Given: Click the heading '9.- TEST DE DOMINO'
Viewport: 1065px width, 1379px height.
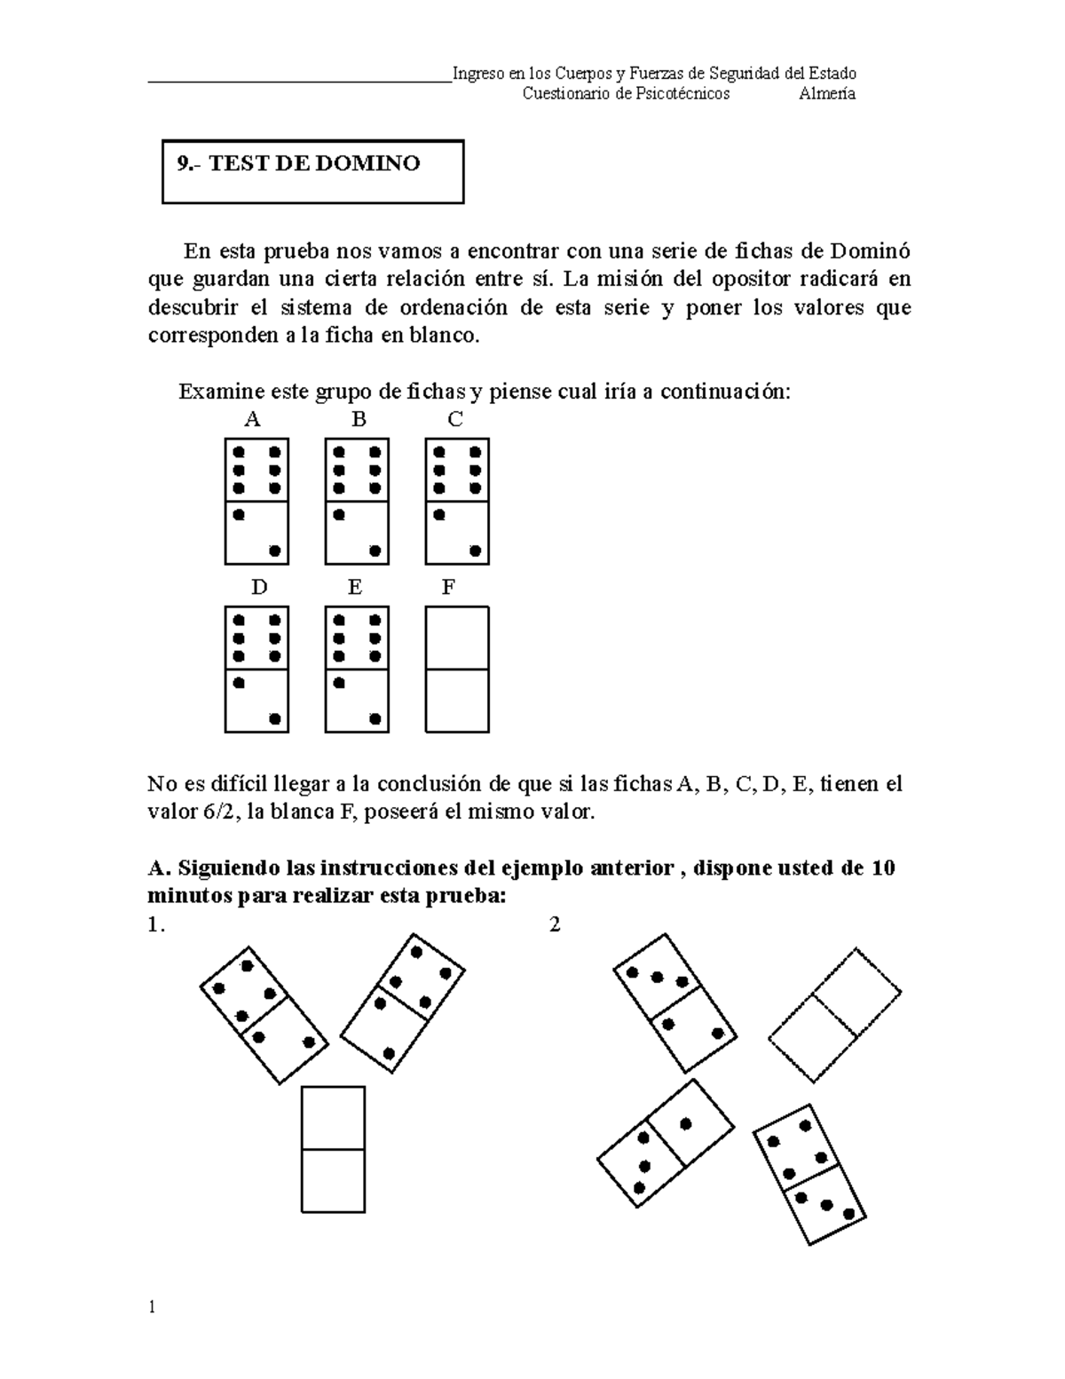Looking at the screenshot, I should tap(298, 164).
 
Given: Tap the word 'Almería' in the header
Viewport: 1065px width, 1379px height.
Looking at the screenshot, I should tap(826, 94).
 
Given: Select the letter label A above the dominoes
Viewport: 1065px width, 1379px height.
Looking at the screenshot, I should tap(253, 420).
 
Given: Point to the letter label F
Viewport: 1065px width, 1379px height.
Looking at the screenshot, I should tap(448, 588).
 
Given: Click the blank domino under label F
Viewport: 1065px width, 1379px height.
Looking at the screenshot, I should tap(457, 670).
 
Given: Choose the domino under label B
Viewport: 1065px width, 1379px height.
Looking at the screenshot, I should tap(357, 502).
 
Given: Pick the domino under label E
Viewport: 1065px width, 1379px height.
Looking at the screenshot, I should tap(357, 670).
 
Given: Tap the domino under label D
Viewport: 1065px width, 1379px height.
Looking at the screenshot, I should tap(256, 670).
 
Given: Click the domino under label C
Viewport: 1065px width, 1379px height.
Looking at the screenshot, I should tap(457, 502).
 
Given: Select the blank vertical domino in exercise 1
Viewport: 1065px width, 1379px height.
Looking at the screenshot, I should tap(333, 1149).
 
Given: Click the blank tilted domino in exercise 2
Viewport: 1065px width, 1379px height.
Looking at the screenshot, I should tap(835, 1015).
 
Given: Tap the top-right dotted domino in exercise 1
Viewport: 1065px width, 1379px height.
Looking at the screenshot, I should tap(402, 997).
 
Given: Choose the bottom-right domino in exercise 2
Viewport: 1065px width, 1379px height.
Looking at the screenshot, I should tap(809, 1175).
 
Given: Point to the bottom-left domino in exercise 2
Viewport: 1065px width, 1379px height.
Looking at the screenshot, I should tap(666, 1144).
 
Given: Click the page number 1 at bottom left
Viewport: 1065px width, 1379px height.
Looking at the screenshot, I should tap(152, 1307).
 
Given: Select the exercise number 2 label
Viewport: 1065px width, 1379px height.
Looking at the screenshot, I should tap(555, 925).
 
